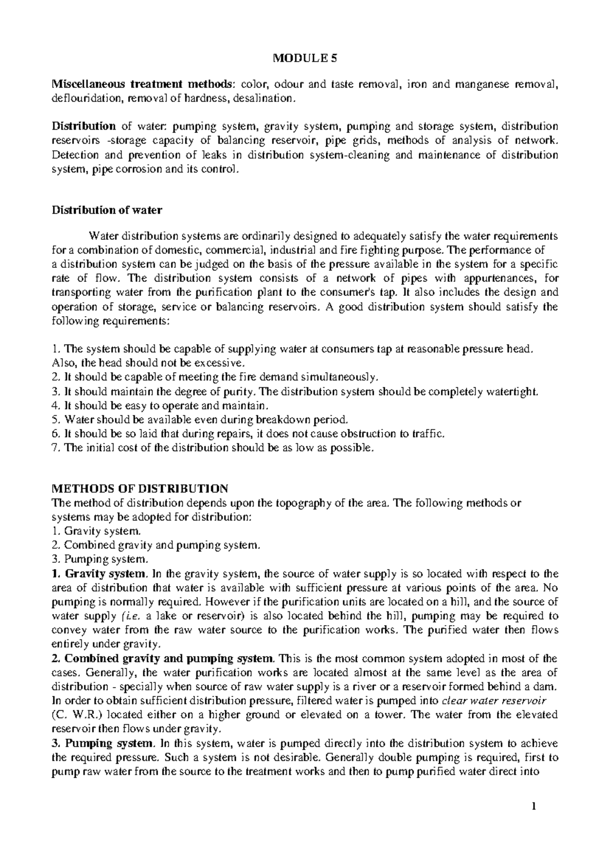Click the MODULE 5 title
[x=305, y=58]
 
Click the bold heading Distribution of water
[x=107, y=210]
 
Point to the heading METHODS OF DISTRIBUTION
[x=140, y=489]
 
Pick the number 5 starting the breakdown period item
[x=55, y=420]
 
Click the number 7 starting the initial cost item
[x=55, y=448]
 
